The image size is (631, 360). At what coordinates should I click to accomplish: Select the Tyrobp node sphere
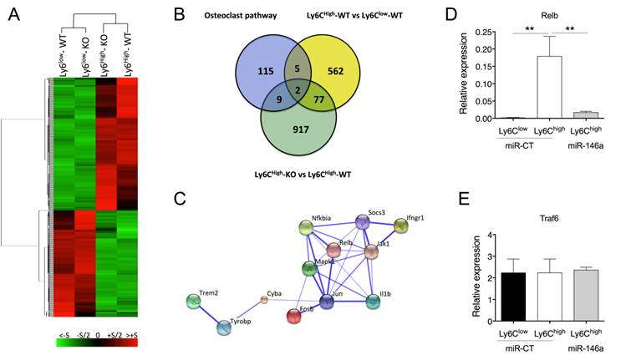pos(225,327)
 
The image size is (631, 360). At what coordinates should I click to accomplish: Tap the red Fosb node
pos(295,316)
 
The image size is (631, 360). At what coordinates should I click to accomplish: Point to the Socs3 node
pos(362,221)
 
